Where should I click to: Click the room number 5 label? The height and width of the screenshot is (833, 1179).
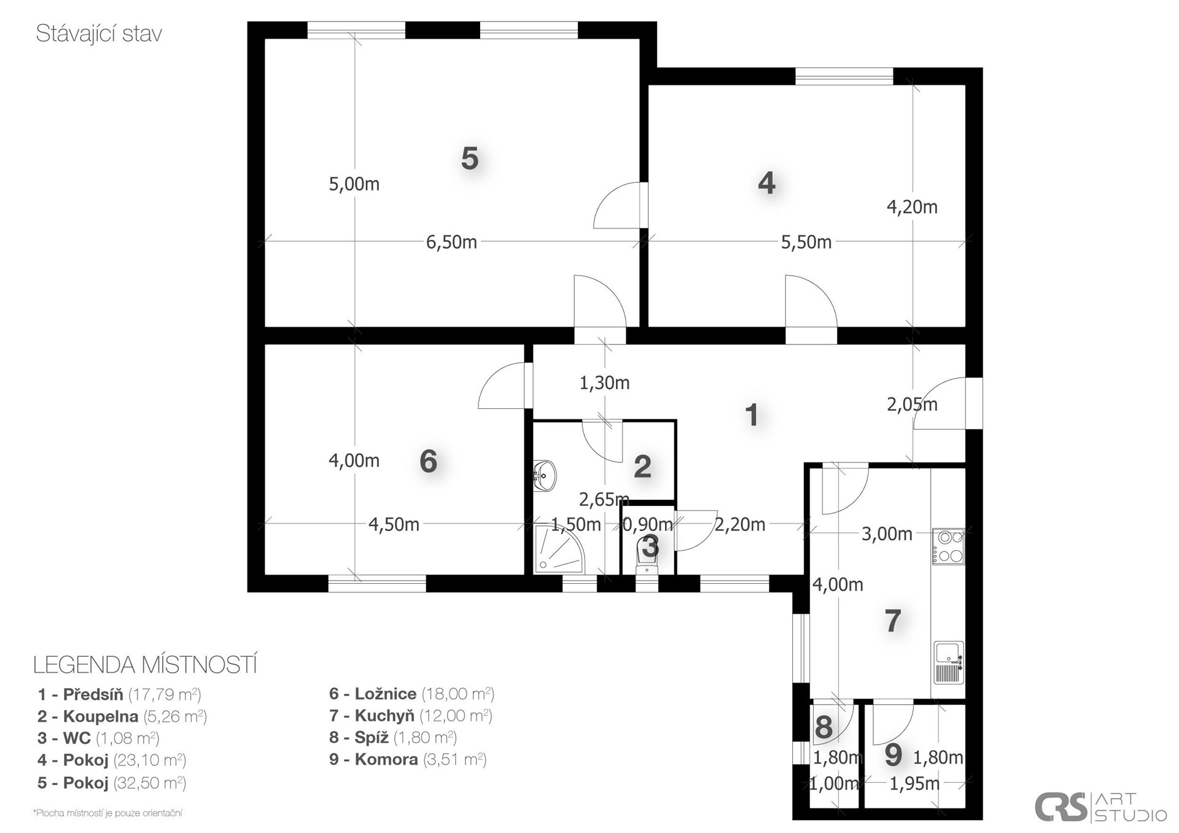(470, 158)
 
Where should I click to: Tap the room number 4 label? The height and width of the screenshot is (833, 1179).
(766, 183)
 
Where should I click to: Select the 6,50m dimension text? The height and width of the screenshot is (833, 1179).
(451, 242)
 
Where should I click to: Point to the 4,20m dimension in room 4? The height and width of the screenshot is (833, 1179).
(912, 207)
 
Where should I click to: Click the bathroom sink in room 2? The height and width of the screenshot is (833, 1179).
(545, 476)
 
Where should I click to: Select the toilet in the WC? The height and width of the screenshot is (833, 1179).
(648, 554)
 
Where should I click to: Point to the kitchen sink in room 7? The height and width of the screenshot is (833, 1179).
(949, 663)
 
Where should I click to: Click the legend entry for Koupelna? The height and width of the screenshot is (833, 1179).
(122, 716)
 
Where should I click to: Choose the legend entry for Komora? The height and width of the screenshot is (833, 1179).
(408, 759)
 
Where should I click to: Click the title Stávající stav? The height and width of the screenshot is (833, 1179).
(99, 34)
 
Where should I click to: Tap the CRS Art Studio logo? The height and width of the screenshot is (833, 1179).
(1100, 807)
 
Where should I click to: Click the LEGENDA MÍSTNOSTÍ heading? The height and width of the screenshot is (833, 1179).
(145, 665)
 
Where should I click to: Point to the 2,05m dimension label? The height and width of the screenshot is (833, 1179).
(912, 404)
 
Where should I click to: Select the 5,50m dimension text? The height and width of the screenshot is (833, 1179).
(806, 242)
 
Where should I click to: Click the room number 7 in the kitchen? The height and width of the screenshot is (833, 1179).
(893, 621)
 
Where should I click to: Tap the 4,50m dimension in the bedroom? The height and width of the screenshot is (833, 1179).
(394, 524)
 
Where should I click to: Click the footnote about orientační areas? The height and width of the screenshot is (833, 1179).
(107, 813)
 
